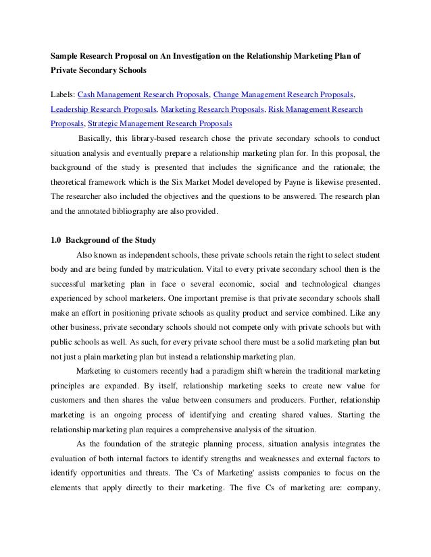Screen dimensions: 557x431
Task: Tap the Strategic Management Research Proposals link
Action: tap(160, 124)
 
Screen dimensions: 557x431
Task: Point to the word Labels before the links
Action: tap(63, 92)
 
